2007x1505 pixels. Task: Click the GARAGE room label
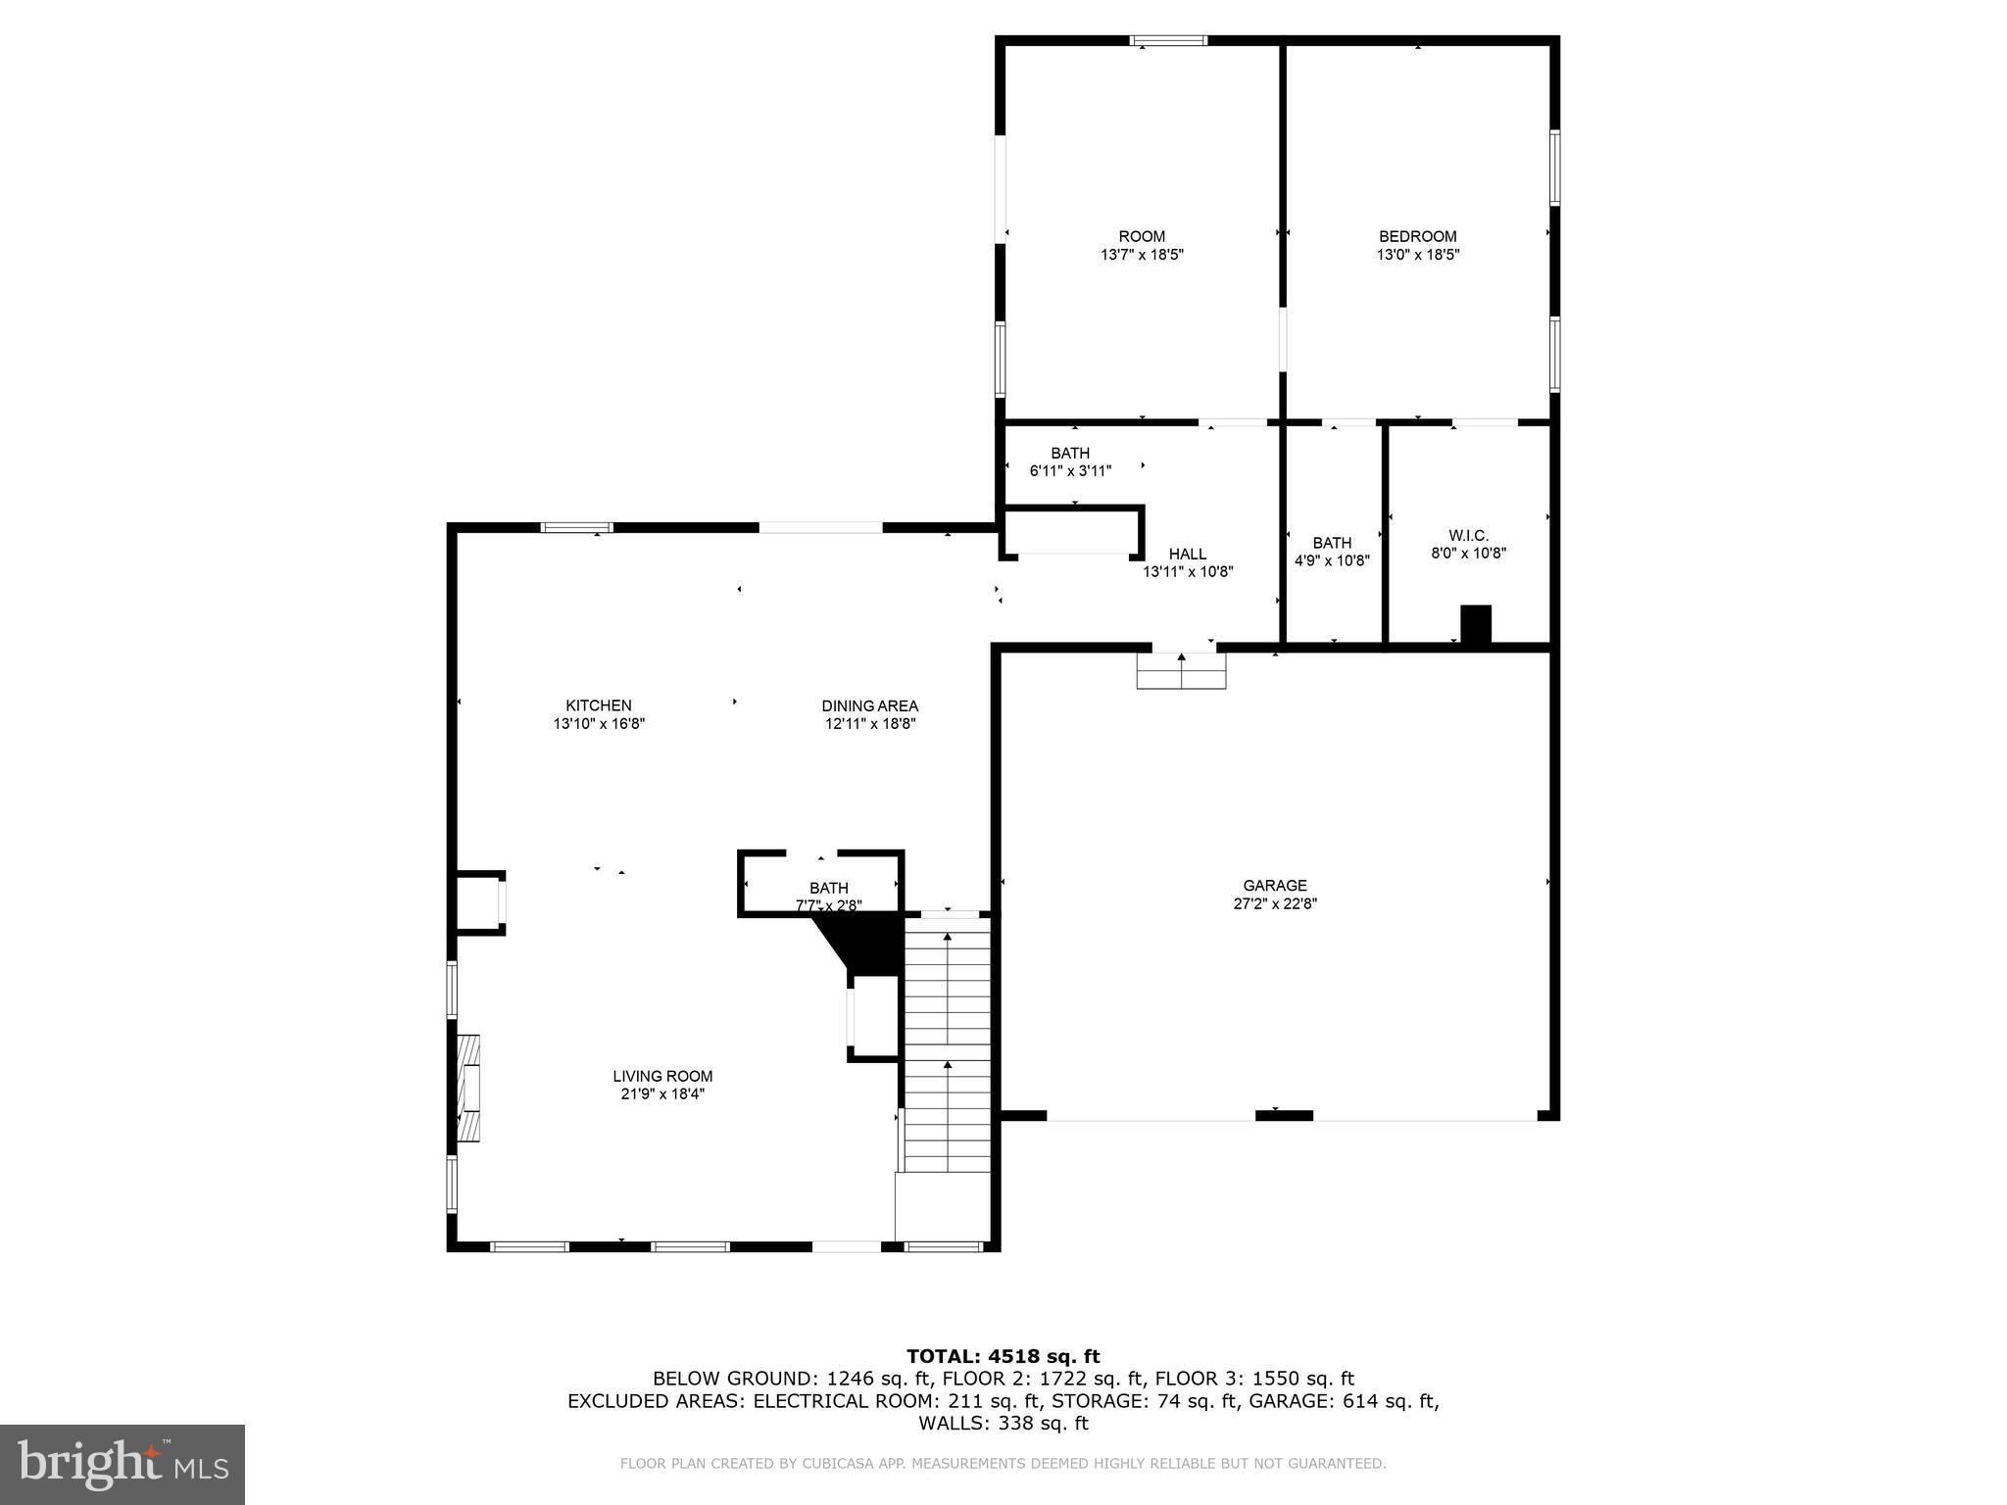click(x=1275, y=886)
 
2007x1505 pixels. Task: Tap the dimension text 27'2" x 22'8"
click(x=1275, y=904)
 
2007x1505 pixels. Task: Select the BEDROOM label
click(x=1417, y=236)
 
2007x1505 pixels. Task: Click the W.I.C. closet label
click(x=1468, y=535)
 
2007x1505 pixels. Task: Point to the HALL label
click(x=1187, y=554)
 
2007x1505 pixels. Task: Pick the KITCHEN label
click(x=598, y=705)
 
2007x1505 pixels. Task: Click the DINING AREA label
click(x=869, y=705)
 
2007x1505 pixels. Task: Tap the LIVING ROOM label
click(x=662, y=1076)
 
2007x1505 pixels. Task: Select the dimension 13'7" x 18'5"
click(x=1142, y=255)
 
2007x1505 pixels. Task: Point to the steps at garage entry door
click(x=1181, y=671)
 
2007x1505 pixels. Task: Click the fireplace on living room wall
click(x=469, y=1088)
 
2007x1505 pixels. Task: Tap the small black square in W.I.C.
click(x=1475, y=625)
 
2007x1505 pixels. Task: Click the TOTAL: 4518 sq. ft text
click(x=1003, y=1356)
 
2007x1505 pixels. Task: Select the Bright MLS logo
click(x=122, y=1464)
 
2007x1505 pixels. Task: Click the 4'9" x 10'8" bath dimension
click(x=1332, y=561)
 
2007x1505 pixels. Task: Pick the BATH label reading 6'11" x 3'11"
click(x=1070, y=461)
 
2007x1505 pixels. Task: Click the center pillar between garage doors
click(x=1284, y=1115)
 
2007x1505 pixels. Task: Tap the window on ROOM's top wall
click(x=1168, y=41)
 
